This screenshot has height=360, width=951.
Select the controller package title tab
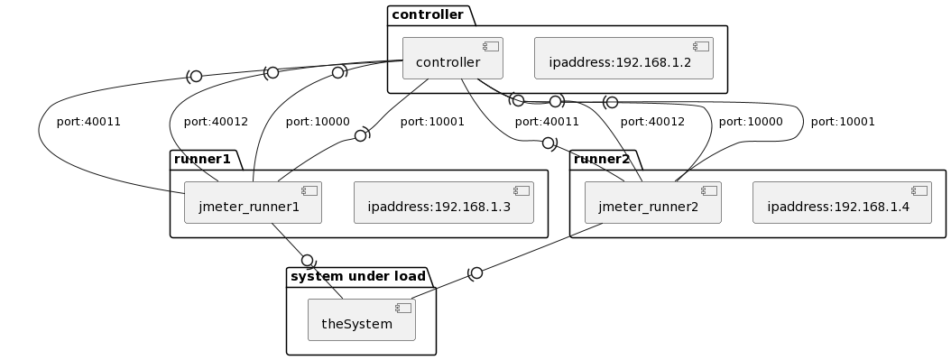click(429, 15)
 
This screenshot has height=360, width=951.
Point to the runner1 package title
click(203, 160)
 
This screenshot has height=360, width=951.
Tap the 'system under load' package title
click(358, 277)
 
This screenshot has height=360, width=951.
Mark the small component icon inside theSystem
click(403, 308)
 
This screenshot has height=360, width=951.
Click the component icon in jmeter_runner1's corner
click(309, 190)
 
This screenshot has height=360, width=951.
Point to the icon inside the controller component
click(491, 46)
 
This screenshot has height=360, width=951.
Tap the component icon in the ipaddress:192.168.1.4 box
click(919, 190)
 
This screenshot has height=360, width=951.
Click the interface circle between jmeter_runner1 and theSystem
click(307, 261)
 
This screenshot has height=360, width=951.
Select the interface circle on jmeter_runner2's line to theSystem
click(476, 272)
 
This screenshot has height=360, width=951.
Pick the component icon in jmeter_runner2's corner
click(709, 190)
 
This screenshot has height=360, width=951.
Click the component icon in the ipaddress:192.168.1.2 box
click(701, 46)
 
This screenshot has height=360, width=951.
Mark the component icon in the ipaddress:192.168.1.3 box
click(522, 190)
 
